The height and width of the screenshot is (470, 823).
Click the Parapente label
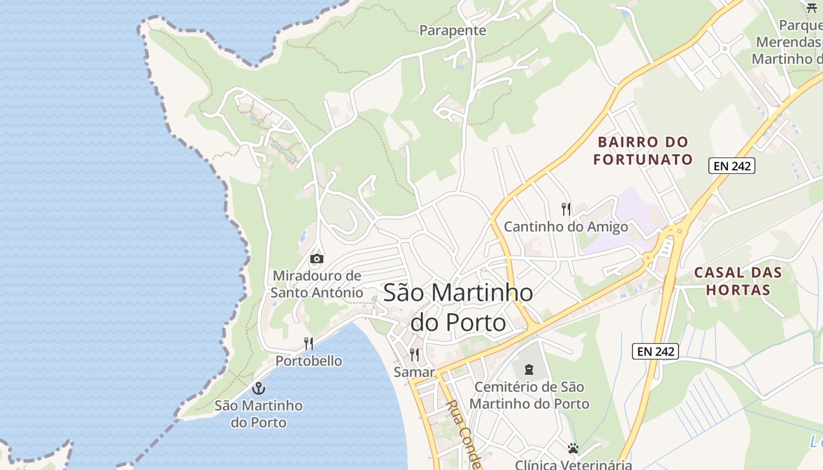pos(453,31)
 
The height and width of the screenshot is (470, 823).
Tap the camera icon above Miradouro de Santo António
pos(316,258)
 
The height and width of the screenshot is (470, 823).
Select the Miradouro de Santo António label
pos(317,284)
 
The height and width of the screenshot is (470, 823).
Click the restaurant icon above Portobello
pos(309,344)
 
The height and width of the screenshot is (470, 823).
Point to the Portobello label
pos(309,361)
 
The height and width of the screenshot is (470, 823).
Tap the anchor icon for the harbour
pos(258,388)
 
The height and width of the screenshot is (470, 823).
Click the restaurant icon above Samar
pos(414,355)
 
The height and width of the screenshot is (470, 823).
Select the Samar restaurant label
pos(414,372)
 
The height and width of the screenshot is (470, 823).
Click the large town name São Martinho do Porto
pos(458,307)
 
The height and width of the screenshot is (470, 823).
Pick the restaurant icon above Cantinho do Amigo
pos(566,209)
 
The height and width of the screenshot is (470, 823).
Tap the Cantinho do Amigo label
pos(566,227)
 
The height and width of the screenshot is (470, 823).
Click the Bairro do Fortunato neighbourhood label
pos(643,151)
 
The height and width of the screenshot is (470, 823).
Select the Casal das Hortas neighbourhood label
pos(738,281)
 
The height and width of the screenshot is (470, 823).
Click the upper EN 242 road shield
pos(731,166)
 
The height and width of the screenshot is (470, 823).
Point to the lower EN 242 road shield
pos(655,351)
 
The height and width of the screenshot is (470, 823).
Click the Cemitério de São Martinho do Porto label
pos(529,395)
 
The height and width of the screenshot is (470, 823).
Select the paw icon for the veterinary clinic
pos(573,449)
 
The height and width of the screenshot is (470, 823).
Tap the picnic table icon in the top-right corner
pos(812,8)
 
